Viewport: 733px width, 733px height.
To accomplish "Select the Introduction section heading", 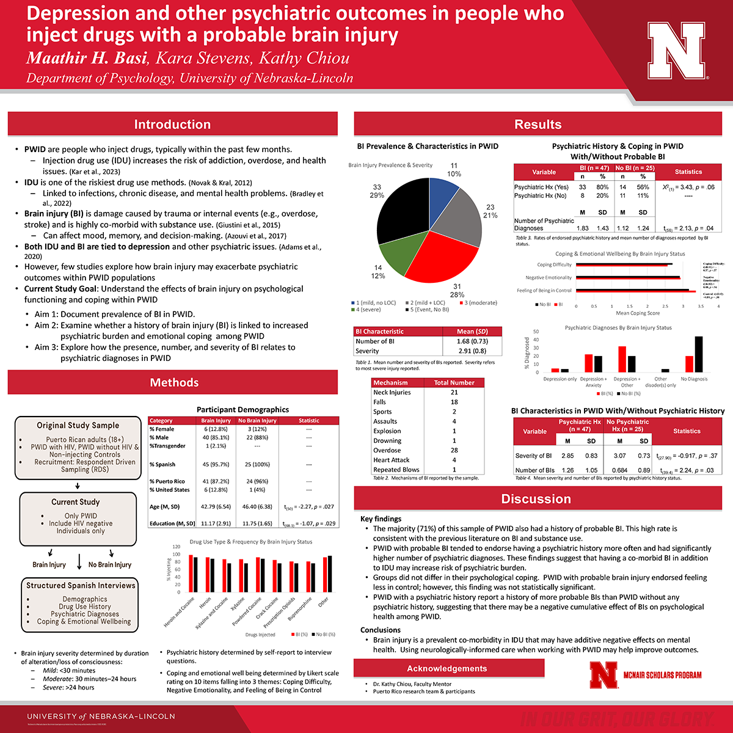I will (172, 125).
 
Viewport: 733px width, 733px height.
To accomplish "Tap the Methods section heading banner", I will (174, 383).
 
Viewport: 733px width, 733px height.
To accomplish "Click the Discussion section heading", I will (536, 499).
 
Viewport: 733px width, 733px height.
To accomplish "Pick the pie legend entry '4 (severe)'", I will (366, 310).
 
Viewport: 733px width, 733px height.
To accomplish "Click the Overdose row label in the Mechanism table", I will (387, 450).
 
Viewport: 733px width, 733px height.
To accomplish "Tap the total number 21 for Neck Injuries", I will (454, 392).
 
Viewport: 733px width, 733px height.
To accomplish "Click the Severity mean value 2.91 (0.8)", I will (472, 351).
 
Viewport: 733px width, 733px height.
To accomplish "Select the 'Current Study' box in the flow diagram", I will (76, 502).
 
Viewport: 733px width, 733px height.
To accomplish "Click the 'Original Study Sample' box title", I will (78, 426).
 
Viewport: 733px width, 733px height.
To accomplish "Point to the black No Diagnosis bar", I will (699, 354).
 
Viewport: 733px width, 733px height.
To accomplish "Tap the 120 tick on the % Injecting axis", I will (176, 547).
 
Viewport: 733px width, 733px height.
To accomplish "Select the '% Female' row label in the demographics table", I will (162, 429).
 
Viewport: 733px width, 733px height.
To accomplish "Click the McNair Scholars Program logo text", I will (662, 675).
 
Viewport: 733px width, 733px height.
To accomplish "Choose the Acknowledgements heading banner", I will (447, 669).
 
